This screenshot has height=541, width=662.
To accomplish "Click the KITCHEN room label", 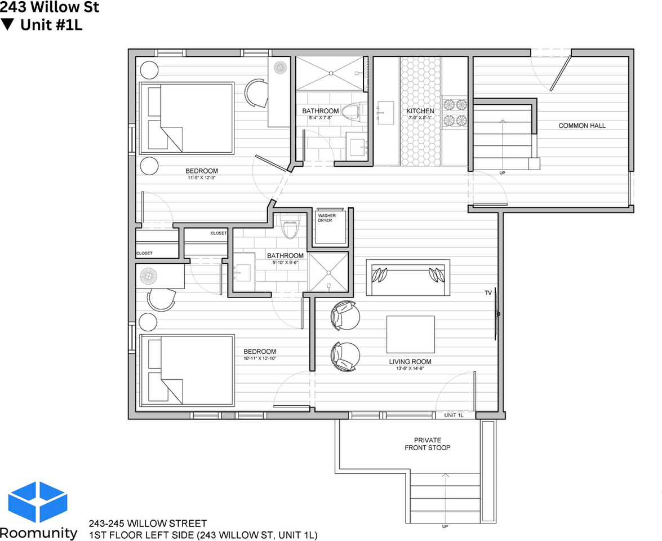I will [x=420, y=111].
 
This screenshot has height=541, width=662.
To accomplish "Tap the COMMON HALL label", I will [x=582, y=126].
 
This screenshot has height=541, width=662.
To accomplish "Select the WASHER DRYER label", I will [x=326, y=218].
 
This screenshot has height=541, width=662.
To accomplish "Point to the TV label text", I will [x=488, y=293].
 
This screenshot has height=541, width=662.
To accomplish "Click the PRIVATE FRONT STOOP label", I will [x=427, y=444].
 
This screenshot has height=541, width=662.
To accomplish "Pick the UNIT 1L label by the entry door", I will [x=454, y=415].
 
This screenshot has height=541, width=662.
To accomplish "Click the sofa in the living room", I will [x=408, y=278].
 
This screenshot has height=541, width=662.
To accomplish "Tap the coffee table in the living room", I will [x=410, y=334].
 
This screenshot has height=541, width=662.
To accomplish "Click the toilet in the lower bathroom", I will [x=289, y=228].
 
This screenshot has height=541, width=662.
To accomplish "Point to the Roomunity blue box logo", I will [x=38, y=502].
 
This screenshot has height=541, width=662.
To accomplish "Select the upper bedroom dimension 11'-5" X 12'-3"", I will [x=202, y=178].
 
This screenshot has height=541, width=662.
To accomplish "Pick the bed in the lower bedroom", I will [x=186, y=370].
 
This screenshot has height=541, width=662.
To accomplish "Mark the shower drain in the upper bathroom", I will [x=332, y=73].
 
